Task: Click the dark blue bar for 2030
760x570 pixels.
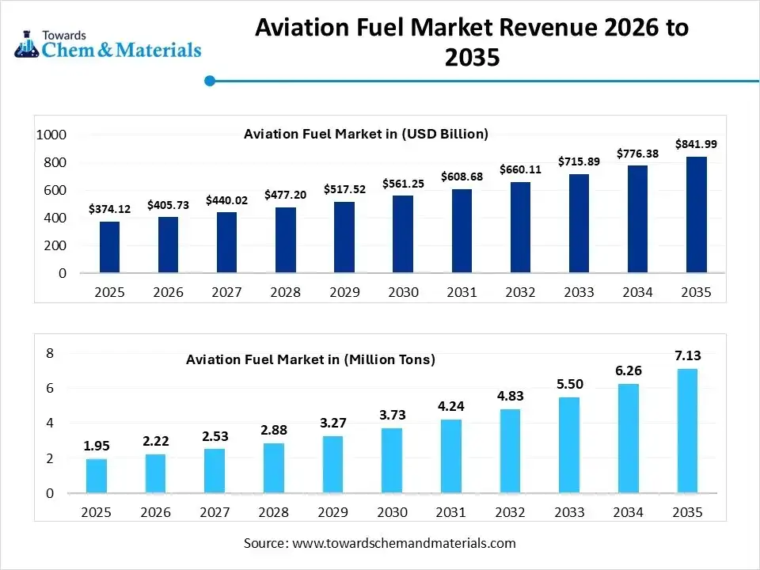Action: click(403, 234)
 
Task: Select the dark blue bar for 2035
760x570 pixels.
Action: click(696, 215)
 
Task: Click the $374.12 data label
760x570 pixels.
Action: click(110, 209)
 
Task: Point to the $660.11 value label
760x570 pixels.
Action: click(520, 169)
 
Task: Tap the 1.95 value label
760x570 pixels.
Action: click(97, 446)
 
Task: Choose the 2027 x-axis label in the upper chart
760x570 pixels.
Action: click(226, 293)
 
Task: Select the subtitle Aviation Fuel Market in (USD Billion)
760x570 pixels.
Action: click(366, 134)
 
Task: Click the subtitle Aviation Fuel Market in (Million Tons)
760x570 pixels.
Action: click(310, 359)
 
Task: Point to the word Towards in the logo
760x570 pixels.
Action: click(64, 36)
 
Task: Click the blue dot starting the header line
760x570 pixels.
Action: click(210, 80)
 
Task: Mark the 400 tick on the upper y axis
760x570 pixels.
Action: click(55, 218)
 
